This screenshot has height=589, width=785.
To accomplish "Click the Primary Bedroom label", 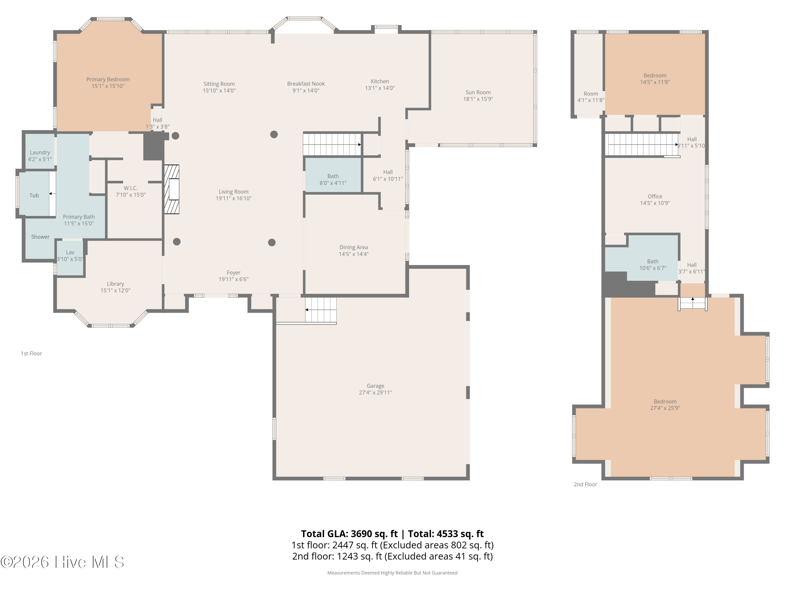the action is (x=108, y=79).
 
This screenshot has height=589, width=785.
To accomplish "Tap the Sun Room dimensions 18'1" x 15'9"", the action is (x=478, y=99).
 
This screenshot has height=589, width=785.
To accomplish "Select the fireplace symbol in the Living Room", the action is (x=172, y=189).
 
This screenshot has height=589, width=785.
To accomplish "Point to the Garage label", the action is (x=375, y=386).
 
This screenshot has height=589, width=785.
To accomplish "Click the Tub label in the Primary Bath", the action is (x=34, y=195).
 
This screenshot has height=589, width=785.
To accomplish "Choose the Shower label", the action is (x=41, y=237).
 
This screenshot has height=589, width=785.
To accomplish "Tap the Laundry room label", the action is (x=40, y=152).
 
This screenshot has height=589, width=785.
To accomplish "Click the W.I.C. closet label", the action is (x=131, y=188).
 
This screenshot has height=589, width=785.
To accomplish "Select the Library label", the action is (x=115, y=284).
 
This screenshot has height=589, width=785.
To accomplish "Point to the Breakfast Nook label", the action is (x=306, y=84).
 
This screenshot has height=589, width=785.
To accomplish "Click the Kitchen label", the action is (x=380, y=81).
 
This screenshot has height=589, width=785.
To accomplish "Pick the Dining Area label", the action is (x=354, y=247).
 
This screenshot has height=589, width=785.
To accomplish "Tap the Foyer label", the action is (x=233, y=273).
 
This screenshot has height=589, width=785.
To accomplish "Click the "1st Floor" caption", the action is (x=31, y=353).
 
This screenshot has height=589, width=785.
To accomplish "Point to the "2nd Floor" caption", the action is (x=586, y=484).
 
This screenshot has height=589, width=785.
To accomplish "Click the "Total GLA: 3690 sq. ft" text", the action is (x=349, y=534).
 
